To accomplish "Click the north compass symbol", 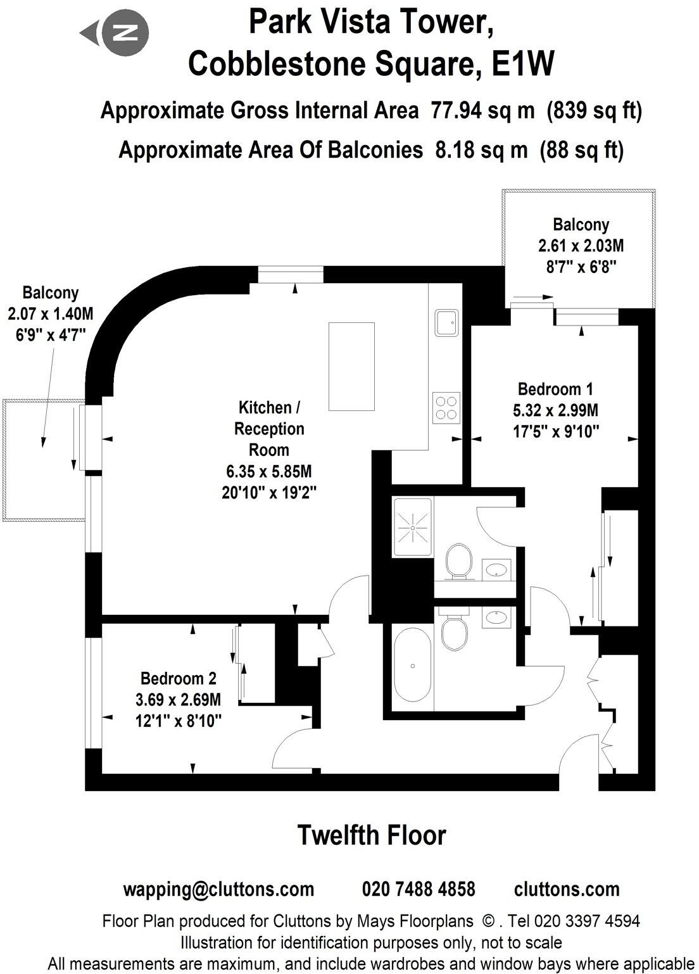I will click(122, 32).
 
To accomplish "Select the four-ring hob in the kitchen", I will click(446, 407).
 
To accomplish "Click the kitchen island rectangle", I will click(347, 367).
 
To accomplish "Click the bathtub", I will click(413, 667).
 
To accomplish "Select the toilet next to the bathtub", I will click(454, 631).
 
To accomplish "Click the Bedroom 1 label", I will click(555, 388).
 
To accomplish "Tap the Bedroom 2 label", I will click(179, 678).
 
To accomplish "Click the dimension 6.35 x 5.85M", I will click(269, 472).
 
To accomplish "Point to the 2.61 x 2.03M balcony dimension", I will click(581, 246).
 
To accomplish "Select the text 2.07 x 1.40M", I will click(50, 313).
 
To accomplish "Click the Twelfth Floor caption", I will click(372, 835).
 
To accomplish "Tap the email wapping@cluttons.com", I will click(218, 889).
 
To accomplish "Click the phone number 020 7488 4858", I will click(419, 889).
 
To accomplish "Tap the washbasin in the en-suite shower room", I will click(497, 568).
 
